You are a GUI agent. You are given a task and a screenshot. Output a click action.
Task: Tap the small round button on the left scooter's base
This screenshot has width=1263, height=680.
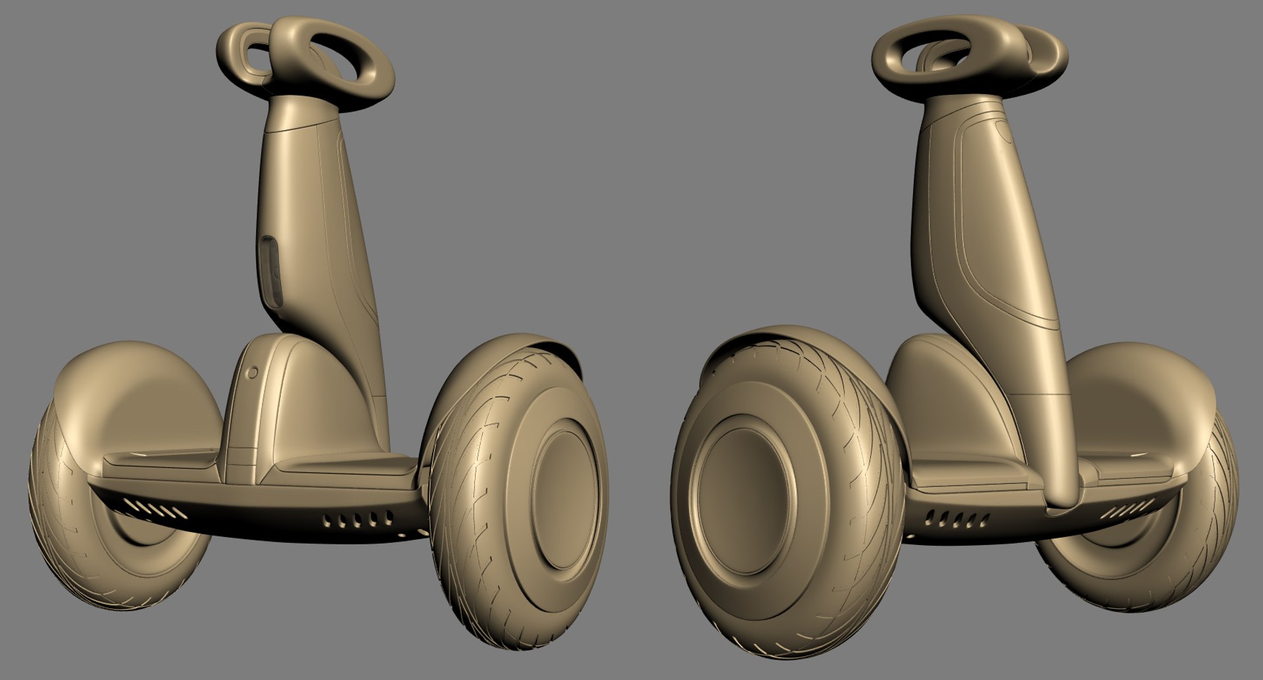[x=251, y=373]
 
